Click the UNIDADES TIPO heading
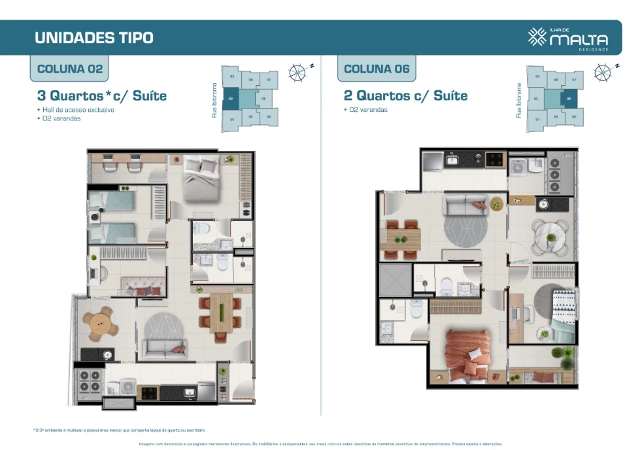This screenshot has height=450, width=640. [93, 38]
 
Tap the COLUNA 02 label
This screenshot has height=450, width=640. [70, 69]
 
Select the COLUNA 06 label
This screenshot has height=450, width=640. [377, 69]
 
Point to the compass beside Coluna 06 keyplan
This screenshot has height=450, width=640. [604, 71]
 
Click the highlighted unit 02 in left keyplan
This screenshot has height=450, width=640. [229, 100]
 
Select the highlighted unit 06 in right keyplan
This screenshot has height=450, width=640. [568, 100]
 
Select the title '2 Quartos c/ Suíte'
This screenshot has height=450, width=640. [405, 96]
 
